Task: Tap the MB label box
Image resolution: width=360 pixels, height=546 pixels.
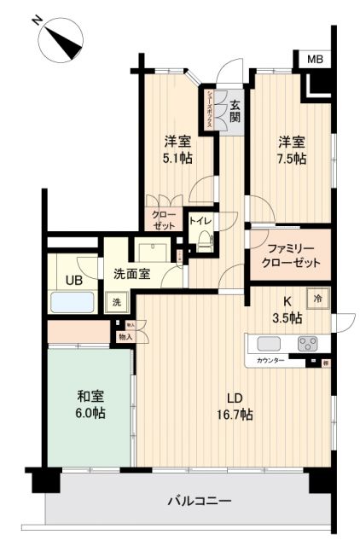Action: pyautogui.click(x=315, y=59)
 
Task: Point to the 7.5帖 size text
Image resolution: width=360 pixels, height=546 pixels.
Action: pyautogui.click(x=291, y=158)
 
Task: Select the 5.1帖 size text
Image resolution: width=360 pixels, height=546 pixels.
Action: pyautogui.click(x=177, y=158)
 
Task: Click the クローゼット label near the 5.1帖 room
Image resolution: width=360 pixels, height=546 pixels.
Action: pyautogui.click(x=164, y=220)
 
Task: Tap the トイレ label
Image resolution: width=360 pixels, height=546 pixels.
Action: pyautogui.click(x=200, y=220)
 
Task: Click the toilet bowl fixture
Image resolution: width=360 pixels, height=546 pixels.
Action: pyautogui.click(x=204, y=241)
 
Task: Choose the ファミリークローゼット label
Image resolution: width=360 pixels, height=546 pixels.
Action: pyautogui.click(x=288, y=255)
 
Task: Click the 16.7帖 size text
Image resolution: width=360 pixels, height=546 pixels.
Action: pyautogui.click(x=233, y=414)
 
